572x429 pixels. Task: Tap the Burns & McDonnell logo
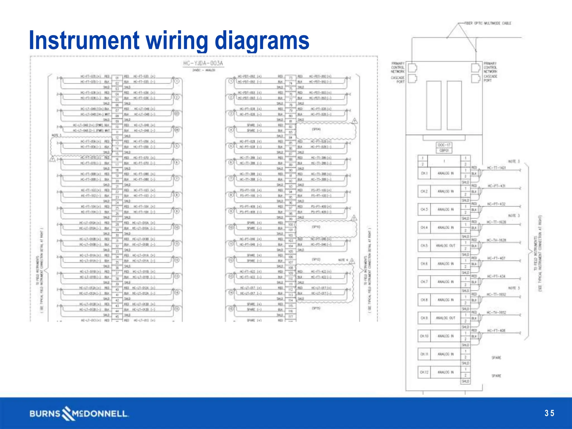tap(79, 414)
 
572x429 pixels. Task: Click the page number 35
tap(549, 413)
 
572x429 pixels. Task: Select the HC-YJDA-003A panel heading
tap(203, 63)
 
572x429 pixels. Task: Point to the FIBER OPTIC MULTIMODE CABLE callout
tap(488, 23)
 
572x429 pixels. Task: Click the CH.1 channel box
tap(424, 173)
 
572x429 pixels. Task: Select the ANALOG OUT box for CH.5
tap(445, 246)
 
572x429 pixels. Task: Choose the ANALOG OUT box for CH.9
tap(445, 318)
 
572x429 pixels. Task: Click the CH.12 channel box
tap(424, 372)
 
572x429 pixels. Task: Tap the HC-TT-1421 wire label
tap(496, 168)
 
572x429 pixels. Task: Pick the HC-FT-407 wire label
tap(496, 258)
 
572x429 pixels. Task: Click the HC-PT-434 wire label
tap(496, 277)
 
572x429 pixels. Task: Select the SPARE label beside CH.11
tap(496, 358)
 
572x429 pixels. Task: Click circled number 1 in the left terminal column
tap(177, 81)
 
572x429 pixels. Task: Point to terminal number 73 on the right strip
tap(290, 78)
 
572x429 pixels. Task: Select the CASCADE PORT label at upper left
tap(398, 80)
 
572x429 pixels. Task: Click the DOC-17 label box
tap(444, 145)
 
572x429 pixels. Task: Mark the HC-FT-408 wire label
tap(496, 331)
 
